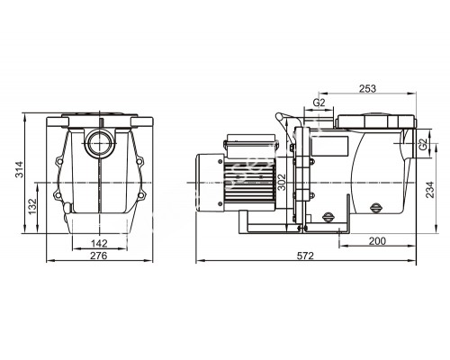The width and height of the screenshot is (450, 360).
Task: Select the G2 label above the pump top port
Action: (x=319, y=102)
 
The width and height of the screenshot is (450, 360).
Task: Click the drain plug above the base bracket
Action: (x=330, y=215)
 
